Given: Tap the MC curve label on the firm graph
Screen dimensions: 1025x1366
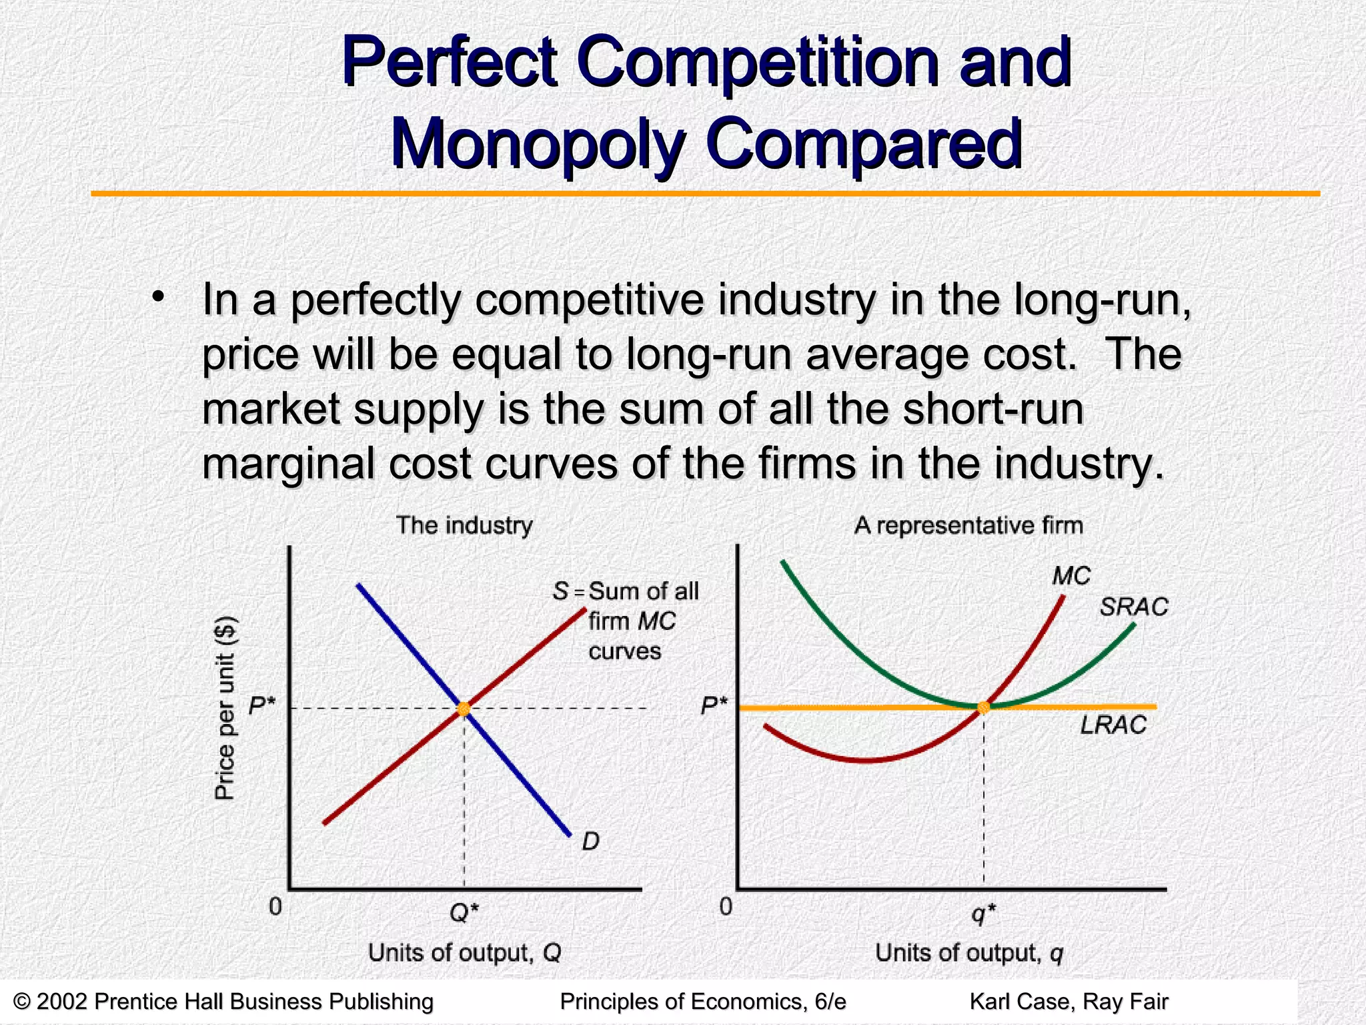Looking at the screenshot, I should [x=1071, y=575].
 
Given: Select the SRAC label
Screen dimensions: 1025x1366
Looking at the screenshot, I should [x=1134, y=607].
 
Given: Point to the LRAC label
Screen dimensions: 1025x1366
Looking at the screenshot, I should [x=1113, y=725].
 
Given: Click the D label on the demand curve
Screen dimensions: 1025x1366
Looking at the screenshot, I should [x=591, y=841].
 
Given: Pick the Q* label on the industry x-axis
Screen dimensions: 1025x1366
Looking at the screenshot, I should [x=464, y=912].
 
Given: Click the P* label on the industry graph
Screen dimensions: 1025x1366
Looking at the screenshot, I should [x=262, y=705].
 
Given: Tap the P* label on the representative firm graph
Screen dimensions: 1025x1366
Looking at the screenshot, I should [x=714, y=705].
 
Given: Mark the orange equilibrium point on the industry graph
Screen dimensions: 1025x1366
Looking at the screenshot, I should [x=464, y=709].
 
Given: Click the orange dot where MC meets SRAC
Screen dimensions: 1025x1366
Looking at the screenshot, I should [x=983, y=707].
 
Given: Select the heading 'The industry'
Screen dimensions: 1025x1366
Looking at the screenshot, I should [x=464, y=525].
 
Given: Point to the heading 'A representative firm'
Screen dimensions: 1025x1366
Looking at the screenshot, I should [x=968, y=525].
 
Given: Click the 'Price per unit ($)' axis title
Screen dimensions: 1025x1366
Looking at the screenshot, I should [x=225, y=707].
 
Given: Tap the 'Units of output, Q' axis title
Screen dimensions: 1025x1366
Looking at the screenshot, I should [x=465, y=952].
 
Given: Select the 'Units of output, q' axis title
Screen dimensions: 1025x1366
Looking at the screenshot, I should [x=969, y=952].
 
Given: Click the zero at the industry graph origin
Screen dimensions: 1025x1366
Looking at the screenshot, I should [x=275, y=906].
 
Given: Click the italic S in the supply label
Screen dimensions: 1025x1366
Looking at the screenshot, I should [x=560, y=591].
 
